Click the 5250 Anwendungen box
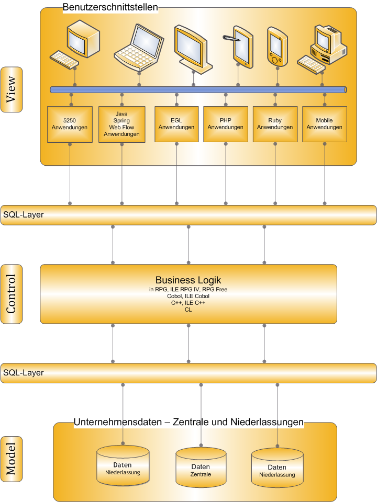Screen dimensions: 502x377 pos(70,124)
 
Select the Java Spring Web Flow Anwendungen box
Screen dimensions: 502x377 pos(121,124)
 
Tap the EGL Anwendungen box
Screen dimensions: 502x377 pos(176,124)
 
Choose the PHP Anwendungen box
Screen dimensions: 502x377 pos(225,124)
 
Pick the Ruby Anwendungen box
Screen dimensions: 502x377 pos(275,124)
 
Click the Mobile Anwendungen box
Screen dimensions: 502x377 pos(324,124)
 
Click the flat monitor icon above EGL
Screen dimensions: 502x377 pos(193,47)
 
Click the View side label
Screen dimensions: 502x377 pos(12,89)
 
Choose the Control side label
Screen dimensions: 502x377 pos(12,293)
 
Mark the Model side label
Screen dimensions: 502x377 pos(12,458)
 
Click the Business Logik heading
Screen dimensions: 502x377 pos(188,280)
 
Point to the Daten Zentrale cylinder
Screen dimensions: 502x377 pos(201,465)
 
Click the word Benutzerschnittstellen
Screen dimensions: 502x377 pos(110,7)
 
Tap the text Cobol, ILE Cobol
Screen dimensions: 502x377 pos(188,296)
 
